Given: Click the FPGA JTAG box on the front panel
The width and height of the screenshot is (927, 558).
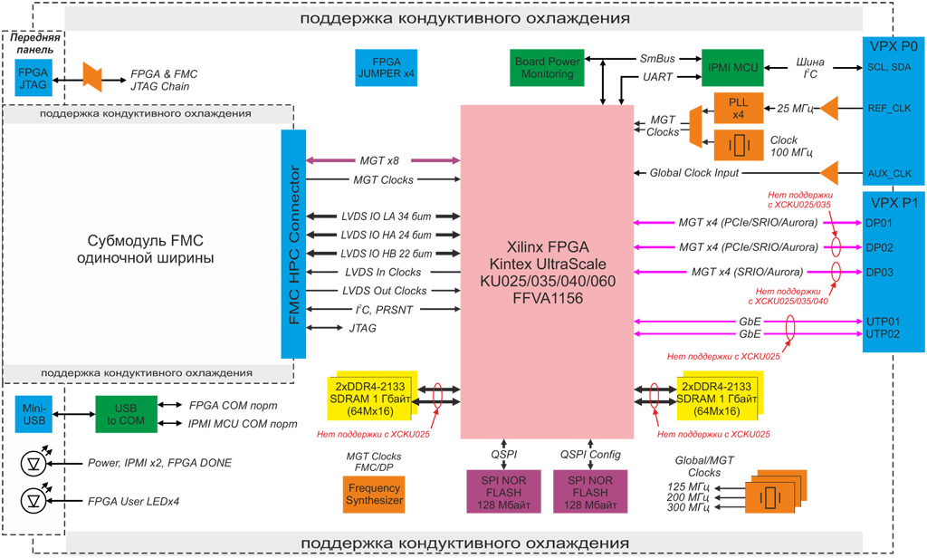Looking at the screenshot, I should [x=33, y=79].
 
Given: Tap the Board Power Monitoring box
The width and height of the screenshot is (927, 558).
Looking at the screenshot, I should [x=547, y=67].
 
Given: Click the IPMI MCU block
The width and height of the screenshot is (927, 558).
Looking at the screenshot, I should [x=733, y=67].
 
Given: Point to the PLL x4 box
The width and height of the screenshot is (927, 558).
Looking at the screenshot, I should [x=738, y=109].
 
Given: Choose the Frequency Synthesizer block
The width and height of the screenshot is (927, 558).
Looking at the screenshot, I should [x=374, y=494].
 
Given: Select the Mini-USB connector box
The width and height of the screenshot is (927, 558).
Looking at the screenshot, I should [x=33, y=414].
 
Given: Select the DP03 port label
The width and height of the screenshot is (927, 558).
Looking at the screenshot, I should [x=880, y=271].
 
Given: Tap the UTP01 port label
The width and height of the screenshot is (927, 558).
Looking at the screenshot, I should [x=882, y=321].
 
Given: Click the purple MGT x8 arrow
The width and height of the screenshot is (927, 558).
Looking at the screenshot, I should [x=384, y=161].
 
